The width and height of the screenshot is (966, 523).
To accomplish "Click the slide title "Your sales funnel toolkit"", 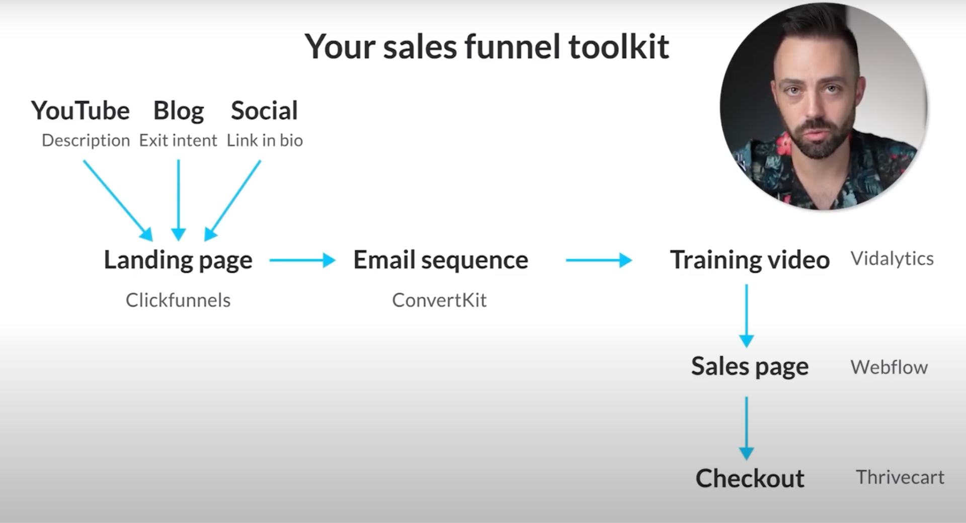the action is (x=487, y=47).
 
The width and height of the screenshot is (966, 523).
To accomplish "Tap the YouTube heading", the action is (x=80, y=110).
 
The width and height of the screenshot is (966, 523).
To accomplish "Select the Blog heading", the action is (x=179, y=111).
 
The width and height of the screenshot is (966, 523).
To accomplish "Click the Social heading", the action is (x=264, y=110).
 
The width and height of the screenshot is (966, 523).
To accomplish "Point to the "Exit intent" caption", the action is (x=178, y=140).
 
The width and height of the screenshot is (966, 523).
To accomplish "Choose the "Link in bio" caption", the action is (x=265, y=140).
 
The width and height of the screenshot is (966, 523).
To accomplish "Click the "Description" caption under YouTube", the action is (x=86, y=140).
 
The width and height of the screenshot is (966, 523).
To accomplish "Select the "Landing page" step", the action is (x=178, y=261).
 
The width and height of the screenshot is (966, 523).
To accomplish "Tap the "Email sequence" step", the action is (x=441, y=261).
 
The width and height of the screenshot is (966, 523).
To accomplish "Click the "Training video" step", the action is (x=750, y=261).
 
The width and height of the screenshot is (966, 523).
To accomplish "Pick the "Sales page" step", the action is (x=750, y=367).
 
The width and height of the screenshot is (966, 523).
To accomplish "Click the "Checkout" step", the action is (x=750, y=478).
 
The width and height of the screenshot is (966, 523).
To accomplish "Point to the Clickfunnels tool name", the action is (x=178, y=300).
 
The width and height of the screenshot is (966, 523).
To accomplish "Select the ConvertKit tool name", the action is (x=439, y=300).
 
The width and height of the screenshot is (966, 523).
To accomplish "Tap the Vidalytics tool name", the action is (x=892, y=259).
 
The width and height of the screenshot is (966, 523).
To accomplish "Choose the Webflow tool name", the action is (x=889, y=367).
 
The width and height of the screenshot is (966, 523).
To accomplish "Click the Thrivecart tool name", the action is (x=900, y=477).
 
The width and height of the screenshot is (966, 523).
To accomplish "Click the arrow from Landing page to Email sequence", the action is (x=302, y=260).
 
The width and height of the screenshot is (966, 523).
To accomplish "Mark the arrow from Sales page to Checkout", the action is (x=747, y=428).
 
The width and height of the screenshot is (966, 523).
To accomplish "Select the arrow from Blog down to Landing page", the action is (x=179, y=200).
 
